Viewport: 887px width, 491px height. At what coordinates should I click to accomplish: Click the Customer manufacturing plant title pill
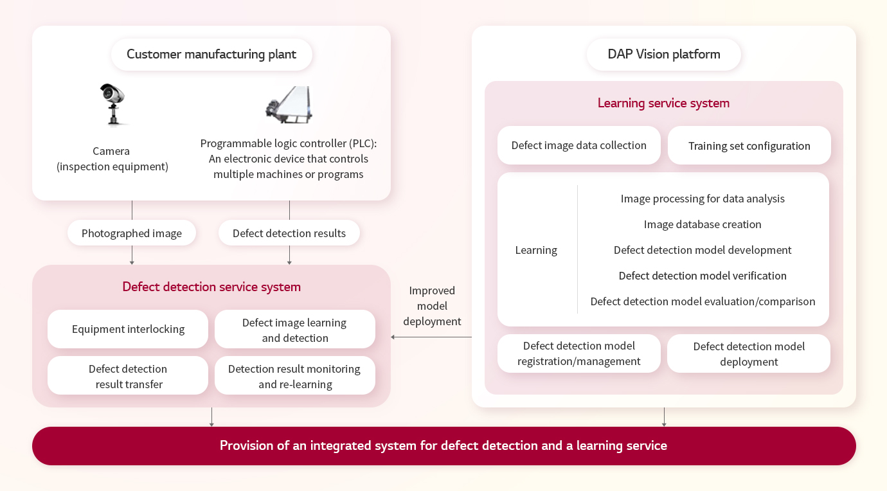tap(211, 54)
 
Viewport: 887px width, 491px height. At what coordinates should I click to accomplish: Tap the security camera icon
tap(113, 104)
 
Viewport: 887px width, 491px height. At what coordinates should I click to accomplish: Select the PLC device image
tap(289, 105)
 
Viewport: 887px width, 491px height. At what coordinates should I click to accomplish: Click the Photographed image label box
tap(132, 233)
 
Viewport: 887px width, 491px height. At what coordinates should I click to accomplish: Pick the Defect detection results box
tap(289, 233)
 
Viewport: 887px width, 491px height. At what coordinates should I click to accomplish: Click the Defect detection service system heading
tap(211, 287)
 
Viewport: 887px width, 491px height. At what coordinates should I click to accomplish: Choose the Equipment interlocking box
tap(128, 329)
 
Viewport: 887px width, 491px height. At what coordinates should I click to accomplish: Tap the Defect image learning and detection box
tap(295, 329)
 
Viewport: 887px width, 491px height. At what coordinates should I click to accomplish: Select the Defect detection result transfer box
tap(128, 375)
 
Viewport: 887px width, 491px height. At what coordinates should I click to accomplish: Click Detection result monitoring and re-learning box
tap(295, 375)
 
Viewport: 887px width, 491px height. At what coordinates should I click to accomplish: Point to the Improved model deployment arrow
tap(431, 337)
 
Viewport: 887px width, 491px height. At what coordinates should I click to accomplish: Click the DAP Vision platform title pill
tap(664, 54)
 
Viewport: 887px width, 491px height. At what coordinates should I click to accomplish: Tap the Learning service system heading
tap(664, 103)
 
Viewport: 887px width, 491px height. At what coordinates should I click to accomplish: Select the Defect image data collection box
tap(579, 145)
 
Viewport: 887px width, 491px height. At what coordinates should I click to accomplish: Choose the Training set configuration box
tap(749, 145)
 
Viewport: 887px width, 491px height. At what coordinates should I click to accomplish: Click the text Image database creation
tap(703, 224)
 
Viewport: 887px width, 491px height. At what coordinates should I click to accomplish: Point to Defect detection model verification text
tap(703, 276)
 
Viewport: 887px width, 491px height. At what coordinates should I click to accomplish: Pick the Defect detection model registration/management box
tap(579, 353)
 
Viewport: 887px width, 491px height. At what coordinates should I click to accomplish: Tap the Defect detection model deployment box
tap(749, 353)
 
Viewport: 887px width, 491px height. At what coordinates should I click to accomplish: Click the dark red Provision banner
tap(444, 446)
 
